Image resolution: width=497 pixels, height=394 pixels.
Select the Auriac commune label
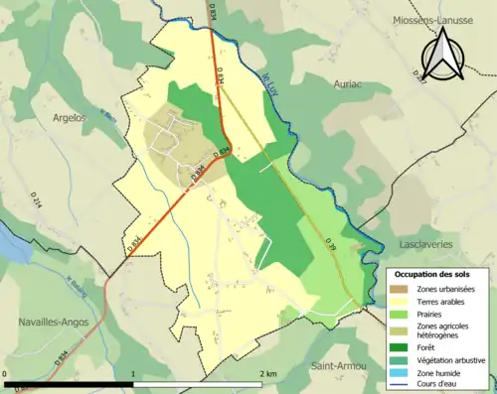[x=354, y=84]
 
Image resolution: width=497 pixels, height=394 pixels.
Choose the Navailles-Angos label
[x=55, y=322]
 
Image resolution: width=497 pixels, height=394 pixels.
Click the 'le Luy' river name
[x=269, y=78]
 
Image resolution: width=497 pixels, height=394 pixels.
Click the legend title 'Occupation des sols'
[x=435, y=273]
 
